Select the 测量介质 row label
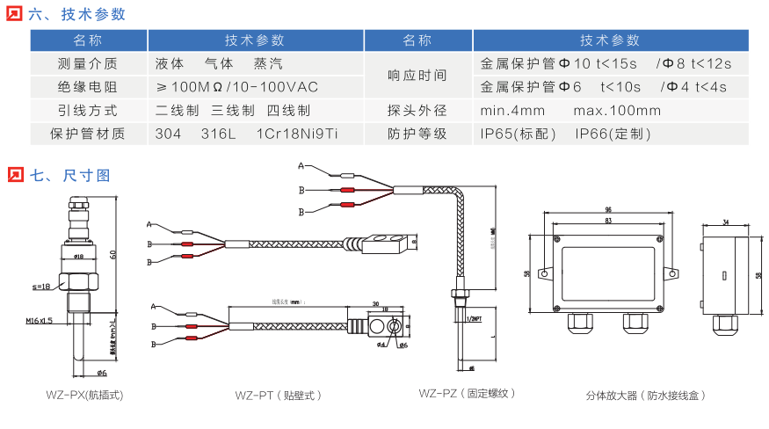[x=88, y=64]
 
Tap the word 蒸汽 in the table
[x=268, y=64]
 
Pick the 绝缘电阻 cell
[x=88, y=87]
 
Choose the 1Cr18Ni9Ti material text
[x=295, y=135]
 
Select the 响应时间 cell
[x=417, y=76]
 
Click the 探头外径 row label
[x=417, y=111]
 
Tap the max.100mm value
[x=617, y=111]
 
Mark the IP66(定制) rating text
[x=613, y=135]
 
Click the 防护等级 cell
[x=417, y=135]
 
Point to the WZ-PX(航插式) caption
[x=85, y=396]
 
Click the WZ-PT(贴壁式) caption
[x=279, y=396]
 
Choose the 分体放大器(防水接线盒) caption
[x=646, y=396]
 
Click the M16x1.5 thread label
[x=40, y=321]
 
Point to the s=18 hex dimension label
[x=40, y=287]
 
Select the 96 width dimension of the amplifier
[x=608, y=210]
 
